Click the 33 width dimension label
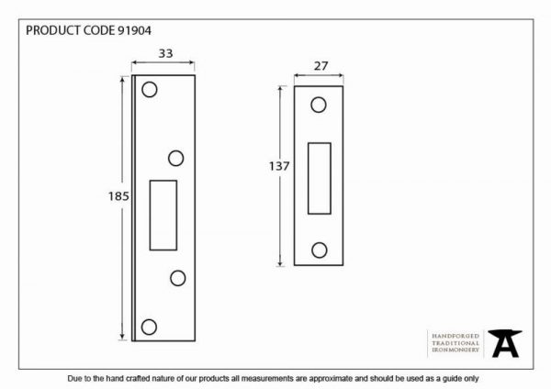click(165, 53)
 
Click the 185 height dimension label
click(118, 196)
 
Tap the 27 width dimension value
click(320, 66)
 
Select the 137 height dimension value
click(279, 166)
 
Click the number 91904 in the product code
click(134, 30)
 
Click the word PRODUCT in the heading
click(53, 30)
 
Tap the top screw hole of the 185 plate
click(150, 90)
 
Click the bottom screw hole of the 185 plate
click(149, 327)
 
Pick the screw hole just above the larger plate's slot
click(175, 159)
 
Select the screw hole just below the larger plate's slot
click(178, 278)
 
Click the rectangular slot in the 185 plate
click(163, 216)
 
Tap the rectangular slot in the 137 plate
click(320, 178)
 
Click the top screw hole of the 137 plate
click(319, 105)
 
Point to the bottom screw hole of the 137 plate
click(319, 250)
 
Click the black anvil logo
click(505, 343)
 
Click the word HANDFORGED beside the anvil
click(455, 336)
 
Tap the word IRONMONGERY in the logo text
click(455, 350)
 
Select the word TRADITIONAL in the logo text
click(455, 343)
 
